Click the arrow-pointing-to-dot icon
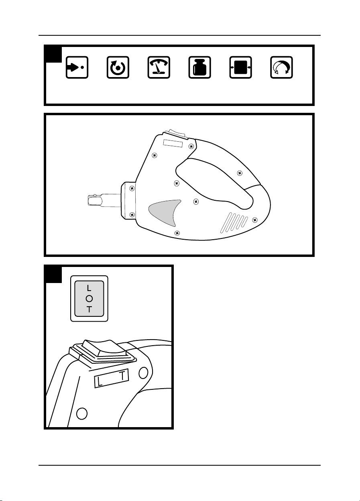[77, 67]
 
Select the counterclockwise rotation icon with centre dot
[118, 67]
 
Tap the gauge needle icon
[159, 67]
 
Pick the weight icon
[200, 67]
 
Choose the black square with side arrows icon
[240, 67]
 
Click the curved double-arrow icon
[281, 67]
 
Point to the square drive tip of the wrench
[94, 200]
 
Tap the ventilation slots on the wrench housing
[234, 222]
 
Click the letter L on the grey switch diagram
[89, 288]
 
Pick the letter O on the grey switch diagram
[89, 299]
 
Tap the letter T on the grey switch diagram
[89, 310]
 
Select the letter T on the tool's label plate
[122, 375]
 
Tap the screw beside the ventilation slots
[255, 220]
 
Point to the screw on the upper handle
[240, 173]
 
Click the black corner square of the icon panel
[53, 54]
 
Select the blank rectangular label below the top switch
[173, 143]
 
